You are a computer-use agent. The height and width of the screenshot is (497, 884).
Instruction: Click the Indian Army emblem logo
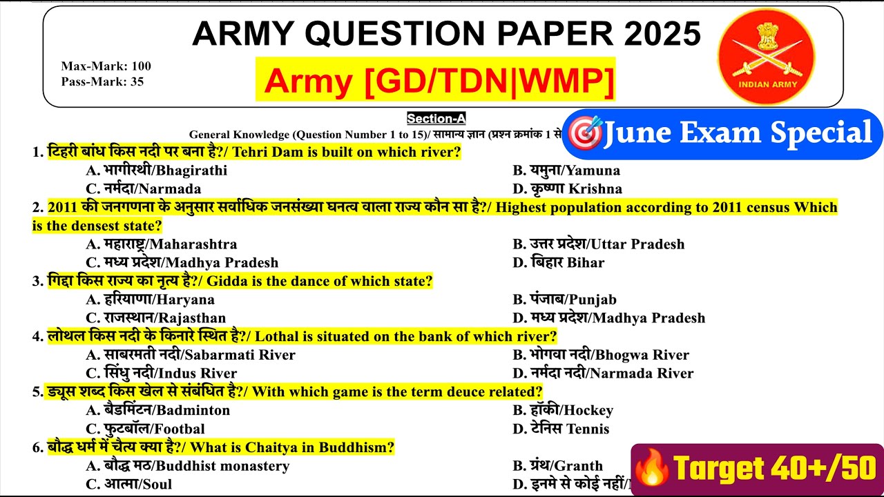767,57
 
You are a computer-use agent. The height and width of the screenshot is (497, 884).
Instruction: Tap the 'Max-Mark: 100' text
106,66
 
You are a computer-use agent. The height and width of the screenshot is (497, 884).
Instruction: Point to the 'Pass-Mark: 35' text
102,81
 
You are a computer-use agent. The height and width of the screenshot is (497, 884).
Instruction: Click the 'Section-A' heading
436,119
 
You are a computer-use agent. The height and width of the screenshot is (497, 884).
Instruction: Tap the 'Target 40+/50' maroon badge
758,469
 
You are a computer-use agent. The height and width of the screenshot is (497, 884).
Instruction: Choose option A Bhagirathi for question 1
157,170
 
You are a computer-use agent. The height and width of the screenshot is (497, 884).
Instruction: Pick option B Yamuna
566,170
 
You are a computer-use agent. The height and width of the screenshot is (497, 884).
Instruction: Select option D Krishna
567,188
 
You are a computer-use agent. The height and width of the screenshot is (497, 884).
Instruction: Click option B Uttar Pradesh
598,244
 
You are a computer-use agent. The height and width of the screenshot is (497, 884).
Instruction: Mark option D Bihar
558,263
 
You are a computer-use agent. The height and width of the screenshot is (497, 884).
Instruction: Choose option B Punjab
564,300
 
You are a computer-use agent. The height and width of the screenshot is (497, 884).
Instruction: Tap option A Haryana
150,300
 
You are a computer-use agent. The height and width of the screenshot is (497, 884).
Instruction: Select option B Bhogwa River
601,355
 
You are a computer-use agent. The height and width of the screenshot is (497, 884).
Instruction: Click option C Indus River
161,373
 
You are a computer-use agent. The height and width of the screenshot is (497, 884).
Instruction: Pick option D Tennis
561,429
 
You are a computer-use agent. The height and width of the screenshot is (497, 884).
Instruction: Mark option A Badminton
157,411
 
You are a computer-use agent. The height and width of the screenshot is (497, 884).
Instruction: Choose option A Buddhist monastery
187,466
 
